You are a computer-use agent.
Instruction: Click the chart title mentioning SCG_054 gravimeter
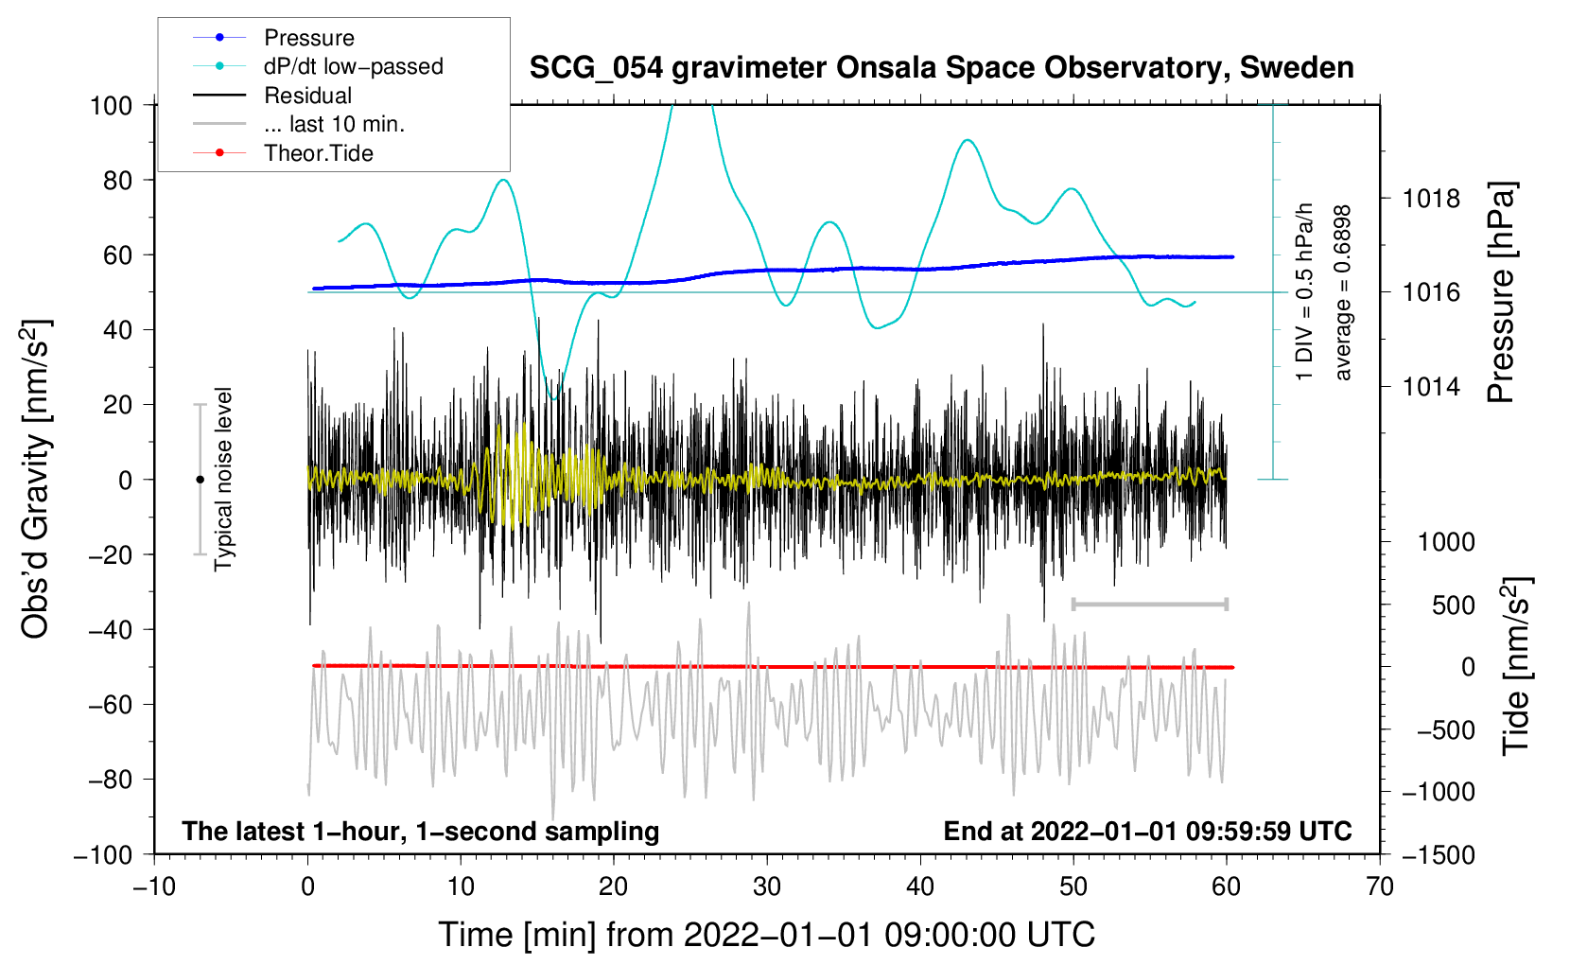pos(941,68)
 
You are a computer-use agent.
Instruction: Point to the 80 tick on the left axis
pos(117,181)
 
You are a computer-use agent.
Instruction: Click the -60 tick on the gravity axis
pos(110,704)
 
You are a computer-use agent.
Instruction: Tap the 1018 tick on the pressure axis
pos(1431,199)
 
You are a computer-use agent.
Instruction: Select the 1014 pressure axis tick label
pos(1431,386)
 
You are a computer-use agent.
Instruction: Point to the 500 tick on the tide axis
pos(1453,605)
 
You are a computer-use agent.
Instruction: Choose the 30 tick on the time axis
pos(767,886)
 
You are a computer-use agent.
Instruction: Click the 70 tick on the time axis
pos(1379,886)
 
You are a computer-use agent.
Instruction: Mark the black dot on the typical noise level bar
pos(200,480)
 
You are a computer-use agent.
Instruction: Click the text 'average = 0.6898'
pos(1341,292)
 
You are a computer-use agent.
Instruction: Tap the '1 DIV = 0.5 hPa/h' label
pos(1303,291)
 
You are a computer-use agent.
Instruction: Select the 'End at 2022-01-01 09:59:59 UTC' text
pos(1147,831)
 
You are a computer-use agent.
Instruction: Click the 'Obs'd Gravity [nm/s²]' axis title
pos(35,479)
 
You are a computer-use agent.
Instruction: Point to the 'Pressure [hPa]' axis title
pos(1501,292)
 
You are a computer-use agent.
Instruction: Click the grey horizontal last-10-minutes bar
pos(1149,604)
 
